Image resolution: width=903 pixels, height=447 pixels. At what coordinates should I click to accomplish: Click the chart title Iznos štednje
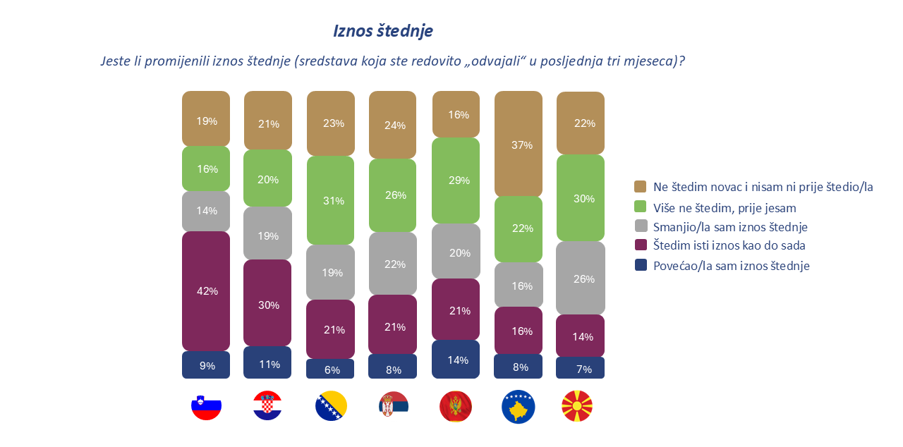[x=382, y=31]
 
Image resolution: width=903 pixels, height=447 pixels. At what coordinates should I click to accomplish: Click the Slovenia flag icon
[x=207, y=406]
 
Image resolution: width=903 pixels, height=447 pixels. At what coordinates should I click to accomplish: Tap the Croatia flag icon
[x=267, y=406]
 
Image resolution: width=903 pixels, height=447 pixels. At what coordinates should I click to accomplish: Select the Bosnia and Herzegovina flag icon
[x=331, y=406]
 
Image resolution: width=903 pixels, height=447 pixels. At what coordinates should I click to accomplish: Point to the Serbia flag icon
[x=394, y=406]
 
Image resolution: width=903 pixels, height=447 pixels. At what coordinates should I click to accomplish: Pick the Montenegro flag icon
[x=456, y=406]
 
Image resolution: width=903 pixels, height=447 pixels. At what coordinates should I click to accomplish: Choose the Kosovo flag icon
[x=519, y=406]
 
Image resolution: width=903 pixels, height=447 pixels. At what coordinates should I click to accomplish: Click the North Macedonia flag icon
[x=577, y=406]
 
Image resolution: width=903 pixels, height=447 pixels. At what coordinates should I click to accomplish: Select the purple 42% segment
[x=206, y=291]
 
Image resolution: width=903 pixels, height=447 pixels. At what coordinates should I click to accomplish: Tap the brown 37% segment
[x=519, y=145]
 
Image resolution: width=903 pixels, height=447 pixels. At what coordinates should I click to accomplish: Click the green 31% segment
[x=331, y=200]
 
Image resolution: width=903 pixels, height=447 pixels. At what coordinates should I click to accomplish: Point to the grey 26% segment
[x=581, y=278]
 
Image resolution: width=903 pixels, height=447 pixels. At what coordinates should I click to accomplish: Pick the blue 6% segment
[x=331, y=369]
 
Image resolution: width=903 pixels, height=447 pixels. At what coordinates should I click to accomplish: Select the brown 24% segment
[x=393, y=125]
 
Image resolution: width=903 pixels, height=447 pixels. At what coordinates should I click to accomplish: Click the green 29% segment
[x=456, y=180]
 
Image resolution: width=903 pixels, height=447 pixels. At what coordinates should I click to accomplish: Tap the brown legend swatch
[x=641, y=187]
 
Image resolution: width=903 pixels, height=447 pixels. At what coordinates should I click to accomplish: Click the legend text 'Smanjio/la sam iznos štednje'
[x=730, y=227]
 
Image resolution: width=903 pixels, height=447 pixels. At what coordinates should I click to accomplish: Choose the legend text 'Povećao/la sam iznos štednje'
[x=731, y=266]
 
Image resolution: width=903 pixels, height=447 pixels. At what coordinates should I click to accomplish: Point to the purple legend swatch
[x=641, y=246]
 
